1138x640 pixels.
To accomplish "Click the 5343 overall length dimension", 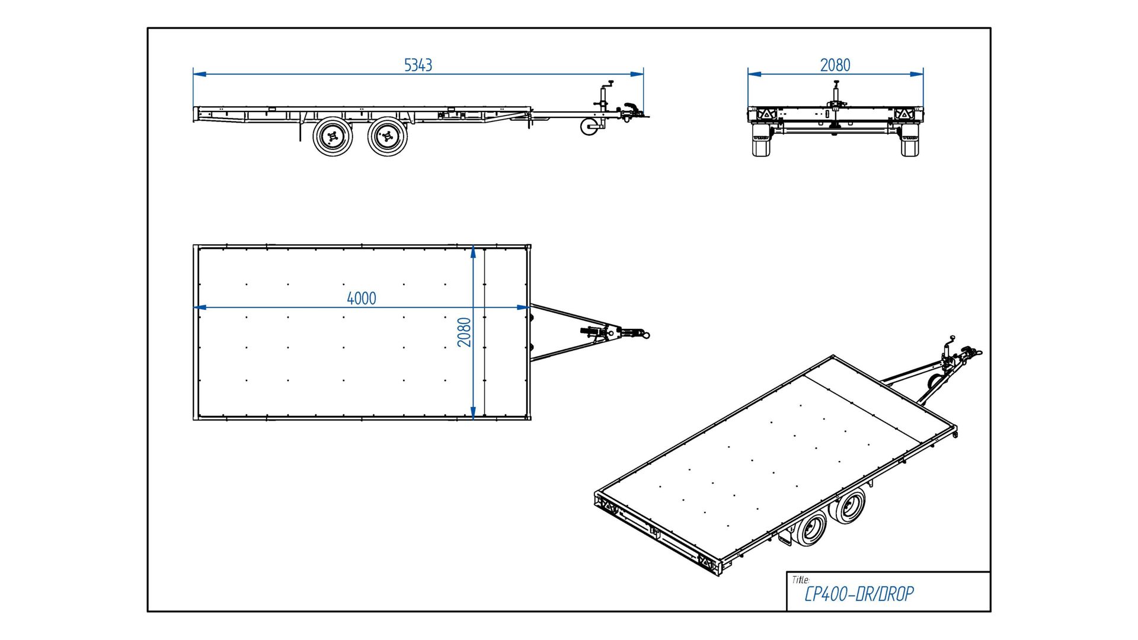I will (x=418, y=65).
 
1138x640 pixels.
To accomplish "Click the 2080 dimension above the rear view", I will (x=835, y=65).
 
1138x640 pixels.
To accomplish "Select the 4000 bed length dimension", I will (x=362, y=298).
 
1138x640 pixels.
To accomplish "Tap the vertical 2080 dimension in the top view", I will (x=464, y=332).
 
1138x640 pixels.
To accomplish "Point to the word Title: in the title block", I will (x=800, y=580).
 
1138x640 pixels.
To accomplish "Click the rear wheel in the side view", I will (x=333, y=137).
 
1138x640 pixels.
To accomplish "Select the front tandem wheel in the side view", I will (x=387, y=137).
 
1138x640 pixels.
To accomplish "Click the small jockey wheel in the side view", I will (x=589, y=127).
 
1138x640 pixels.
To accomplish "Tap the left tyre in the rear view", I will (x=760, y=141).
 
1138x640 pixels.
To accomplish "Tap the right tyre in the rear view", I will (x=910, y=141).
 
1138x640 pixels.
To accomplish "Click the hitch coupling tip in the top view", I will (x=646, y=335).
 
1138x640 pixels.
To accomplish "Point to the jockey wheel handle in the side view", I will (x=608, y=84).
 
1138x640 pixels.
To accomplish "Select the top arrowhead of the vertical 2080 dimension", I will (x=473, y=252).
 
